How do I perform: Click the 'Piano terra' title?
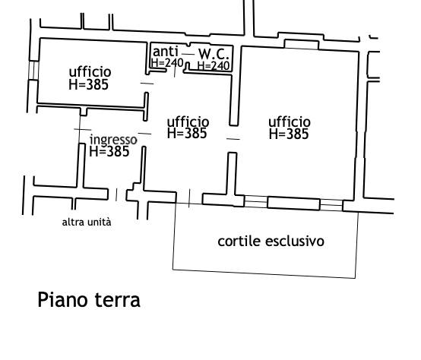[x=89, y=300]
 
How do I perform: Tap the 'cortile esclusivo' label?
[x=271, y=241]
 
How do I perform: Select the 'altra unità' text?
[x=87, y=222]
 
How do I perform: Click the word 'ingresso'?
[x=113, y=140]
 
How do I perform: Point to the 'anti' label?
[x=165, y=51]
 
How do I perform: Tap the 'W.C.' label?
[x=214, y=54]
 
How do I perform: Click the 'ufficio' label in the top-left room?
[x=90, y=71]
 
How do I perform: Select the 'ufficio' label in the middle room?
[x=188, y=122]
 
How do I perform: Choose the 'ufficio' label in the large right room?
[x=290, y=122]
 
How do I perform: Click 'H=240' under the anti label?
[x=167, y=63]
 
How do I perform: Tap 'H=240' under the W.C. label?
[x=214, y=66]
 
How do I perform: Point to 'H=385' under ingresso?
[x=109, y=152]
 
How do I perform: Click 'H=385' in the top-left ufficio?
[x=89, y=84]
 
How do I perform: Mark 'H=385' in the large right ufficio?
[x=289, y=134]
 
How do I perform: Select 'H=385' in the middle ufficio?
[x=187, y=134]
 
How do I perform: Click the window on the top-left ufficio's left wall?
[x=33, y=71]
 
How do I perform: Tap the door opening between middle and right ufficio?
[x=233, y=139]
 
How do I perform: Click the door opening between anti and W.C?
[x=188, y=54]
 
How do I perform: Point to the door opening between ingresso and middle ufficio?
[x=144, y=134]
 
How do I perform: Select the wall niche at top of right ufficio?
[x=302, y=44]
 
